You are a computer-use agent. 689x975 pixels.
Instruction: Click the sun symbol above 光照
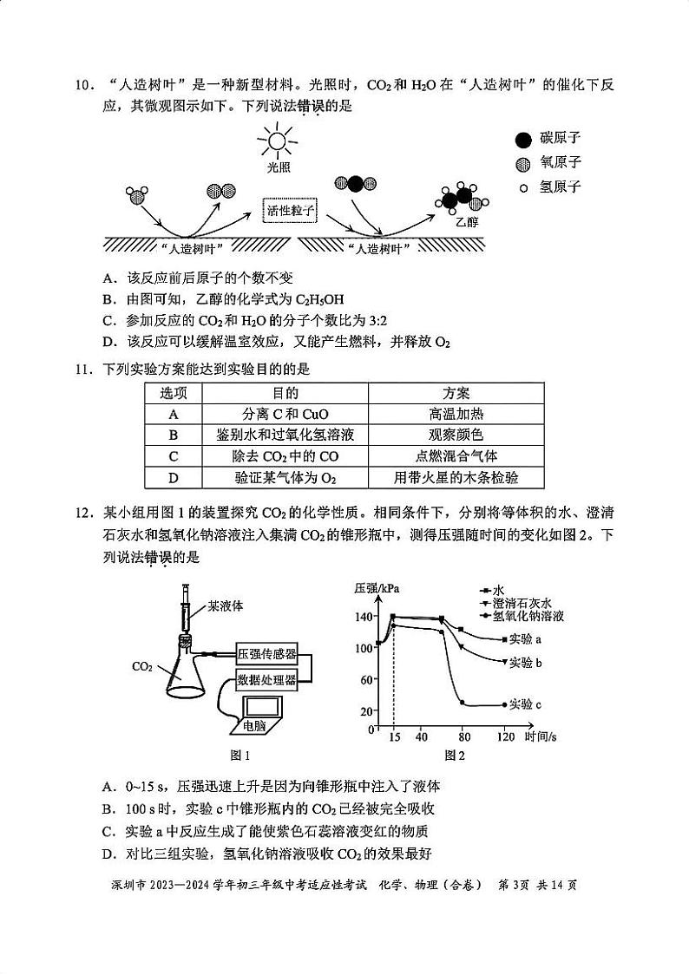pos(278,141)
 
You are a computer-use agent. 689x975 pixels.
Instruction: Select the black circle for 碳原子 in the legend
pos(522,140)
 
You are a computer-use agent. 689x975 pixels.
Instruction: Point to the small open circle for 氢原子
pos(522,187)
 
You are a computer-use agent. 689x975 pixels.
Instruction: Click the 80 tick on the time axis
pos(464,737)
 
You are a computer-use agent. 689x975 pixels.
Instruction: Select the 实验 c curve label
pos(525,704)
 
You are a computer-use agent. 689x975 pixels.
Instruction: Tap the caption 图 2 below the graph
pos(455,756)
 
